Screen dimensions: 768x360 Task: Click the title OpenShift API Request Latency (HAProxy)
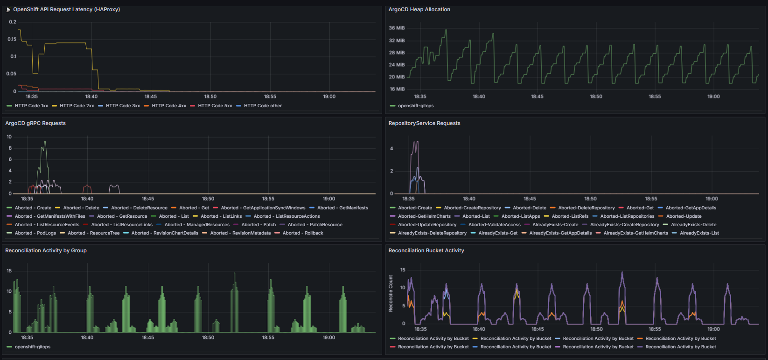(67, 9)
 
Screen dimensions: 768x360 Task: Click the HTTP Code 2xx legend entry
(73, 105)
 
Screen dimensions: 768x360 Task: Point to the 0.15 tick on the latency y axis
(12, 39)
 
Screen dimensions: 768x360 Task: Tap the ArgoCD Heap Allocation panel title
(419, 9)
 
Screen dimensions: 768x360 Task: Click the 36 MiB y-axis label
(397, 28)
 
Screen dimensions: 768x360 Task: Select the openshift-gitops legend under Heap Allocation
(412, 105)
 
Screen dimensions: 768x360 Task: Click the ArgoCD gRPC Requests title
(35, 123)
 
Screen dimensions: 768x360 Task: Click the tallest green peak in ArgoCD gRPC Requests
(45, 142)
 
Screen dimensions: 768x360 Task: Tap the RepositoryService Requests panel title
(425, 123)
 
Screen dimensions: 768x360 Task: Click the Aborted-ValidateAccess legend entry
(490, 225)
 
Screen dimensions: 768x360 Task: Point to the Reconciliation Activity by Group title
(46, 250)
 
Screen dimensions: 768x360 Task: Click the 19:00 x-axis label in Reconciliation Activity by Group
(328, 338)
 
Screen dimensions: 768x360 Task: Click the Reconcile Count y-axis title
(391, 293)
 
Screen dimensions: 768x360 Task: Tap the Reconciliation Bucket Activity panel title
(426, 250)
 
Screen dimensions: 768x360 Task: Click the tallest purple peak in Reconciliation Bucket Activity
(622, 273)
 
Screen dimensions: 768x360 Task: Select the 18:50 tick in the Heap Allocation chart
(596, 97)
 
